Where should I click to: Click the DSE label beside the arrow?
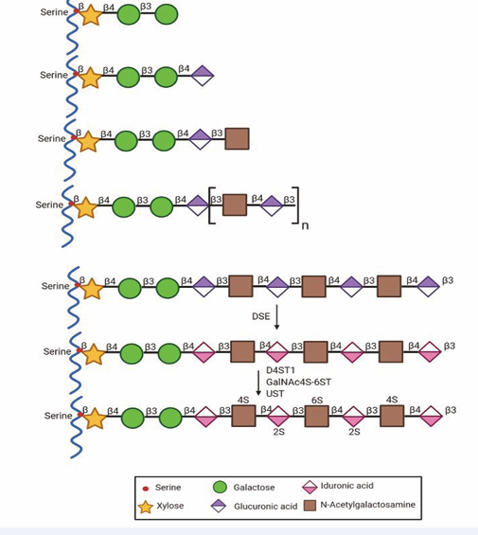pyautogui.click(x=260, y=316)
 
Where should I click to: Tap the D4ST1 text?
pyautogui.click(x=280, y=370)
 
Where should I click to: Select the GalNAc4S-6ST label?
pyautogui.click(x=298, y=382)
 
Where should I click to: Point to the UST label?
pyautogui.click(x=274, y=393)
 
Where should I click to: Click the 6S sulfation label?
pyautogui.click(x=317, y=400)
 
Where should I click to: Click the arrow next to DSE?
pyautogui.click(x=276, y=317)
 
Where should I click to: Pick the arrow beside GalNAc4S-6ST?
pyautogui.click(x=258, y=383)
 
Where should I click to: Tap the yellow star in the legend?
pyautogui.click(x=146, y=507)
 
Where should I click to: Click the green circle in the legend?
pyautogui.click(x=220, y=488)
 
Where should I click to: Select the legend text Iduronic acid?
pyautogui.click(x=346, y=486)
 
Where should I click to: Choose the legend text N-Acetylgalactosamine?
pyautogui.click(x=368, y=505)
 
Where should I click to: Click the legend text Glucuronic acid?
pyautogui.click(x=265, y=507)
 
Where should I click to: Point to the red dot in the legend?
pyautogui.click(x=146, y=489)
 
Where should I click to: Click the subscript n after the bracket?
pyautogui.click(x=305, y=225)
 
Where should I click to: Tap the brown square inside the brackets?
pyautogui.click(x=235, y=205)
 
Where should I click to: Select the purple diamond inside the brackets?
pyautogui.click(x=272, y=205)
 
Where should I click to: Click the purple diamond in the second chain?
pyautogui.click(x=203, y=76)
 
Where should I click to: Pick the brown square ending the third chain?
pyautogui.click(x=238, y=139)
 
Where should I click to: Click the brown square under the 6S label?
pyautogui.click(x=317, y=416)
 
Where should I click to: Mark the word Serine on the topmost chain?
pyautogui.click(x=54, y=12)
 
